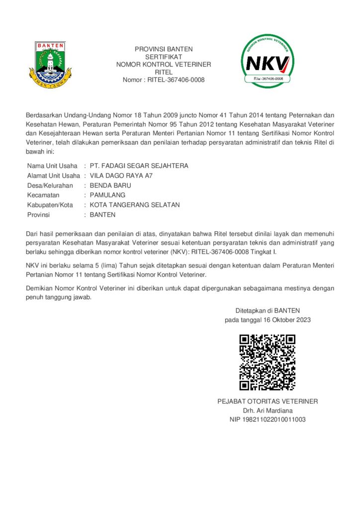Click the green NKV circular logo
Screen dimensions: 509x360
pyautogui.click(x=268, y=61)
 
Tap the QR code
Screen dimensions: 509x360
pyautogui.click(x=268, y=362)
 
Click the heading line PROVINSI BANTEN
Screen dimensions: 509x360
pyautogui.click(x=164, y=49)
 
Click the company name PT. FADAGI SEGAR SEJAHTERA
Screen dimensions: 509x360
pyautogui.click(x=139, y=166)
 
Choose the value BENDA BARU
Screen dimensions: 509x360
pyautogui.click(x=110, y=185)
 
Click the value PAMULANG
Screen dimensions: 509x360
pyautogui.click(x=107, y=195)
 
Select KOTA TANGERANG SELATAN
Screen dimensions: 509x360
pyautogui.click(x=135, y=205)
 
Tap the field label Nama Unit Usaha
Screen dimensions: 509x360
pyautogui.click(x=52, y=166)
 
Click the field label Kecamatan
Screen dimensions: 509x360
pyautogui.click(x=44, y=195)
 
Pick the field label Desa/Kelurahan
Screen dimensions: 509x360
pyautogui.click(x=50, y=185)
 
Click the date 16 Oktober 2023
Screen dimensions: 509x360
pyautogui.click(x=286, y=320)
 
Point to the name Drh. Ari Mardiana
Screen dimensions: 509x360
pyautogui.click(x=268, y=411)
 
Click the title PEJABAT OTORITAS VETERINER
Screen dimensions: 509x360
pyautogui.click(x=268, y=401)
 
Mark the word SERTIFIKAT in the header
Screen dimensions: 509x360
pyautogui.click(x=164, y=57)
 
